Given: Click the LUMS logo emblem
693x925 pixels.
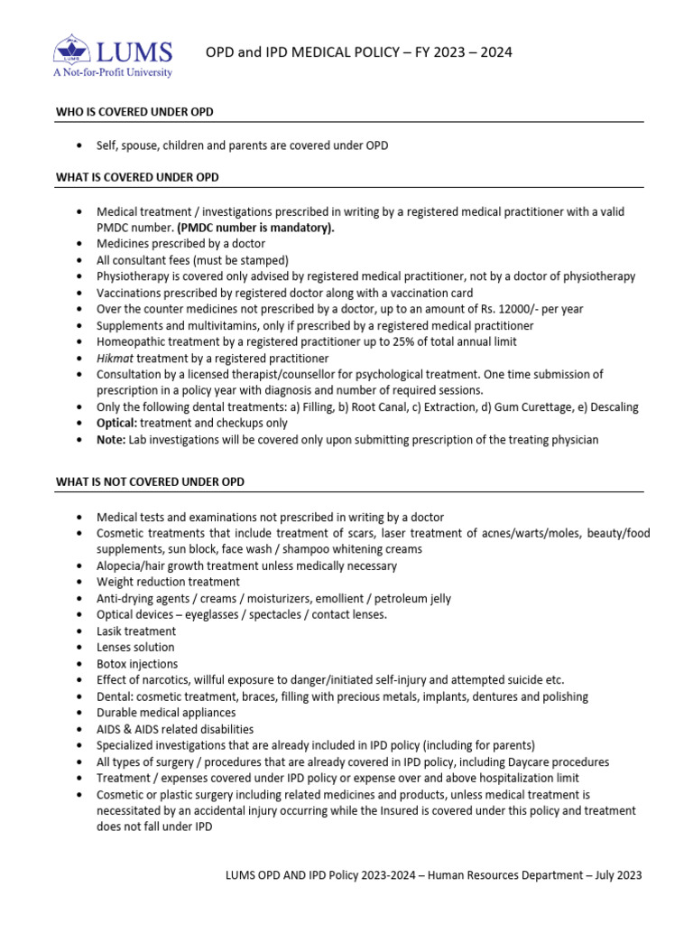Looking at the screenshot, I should [x=71, y=49].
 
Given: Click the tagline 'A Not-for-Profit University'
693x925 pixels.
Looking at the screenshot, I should [x=113, y=72].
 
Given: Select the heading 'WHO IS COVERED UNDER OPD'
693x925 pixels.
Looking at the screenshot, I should [x=134, y=112].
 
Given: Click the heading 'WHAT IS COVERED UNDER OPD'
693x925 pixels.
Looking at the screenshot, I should [x=137, y=177].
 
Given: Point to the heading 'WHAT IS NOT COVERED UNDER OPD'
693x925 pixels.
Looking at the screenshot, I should [x=150, y=482].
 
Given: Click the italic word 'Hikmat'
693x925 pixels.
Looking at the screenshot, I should [x=115, y=358].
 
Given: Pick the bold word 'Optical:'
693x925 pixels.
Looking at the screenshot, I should [x=117, y=423].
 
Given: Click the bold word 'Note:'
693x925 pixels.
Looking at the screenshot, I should [x=111, y=439].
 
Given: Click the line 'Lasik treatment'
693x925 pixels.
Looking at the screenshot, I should [x=136, y=631].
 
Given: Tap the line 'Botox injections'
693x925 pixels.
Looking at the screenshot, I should [x=138, y=664].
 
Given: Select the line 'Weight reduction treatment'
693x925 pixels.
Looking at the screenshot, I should [x=169, y=582].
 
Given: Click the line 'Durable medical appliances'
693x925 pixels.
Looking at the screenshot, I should [x=166, y=713].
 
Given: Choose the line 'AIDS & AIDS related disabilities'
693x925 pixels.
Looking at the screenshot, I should [x=175, y=729].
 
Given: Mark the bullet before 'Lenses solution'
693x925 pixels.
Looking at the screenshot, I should [x=82, y=648].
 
